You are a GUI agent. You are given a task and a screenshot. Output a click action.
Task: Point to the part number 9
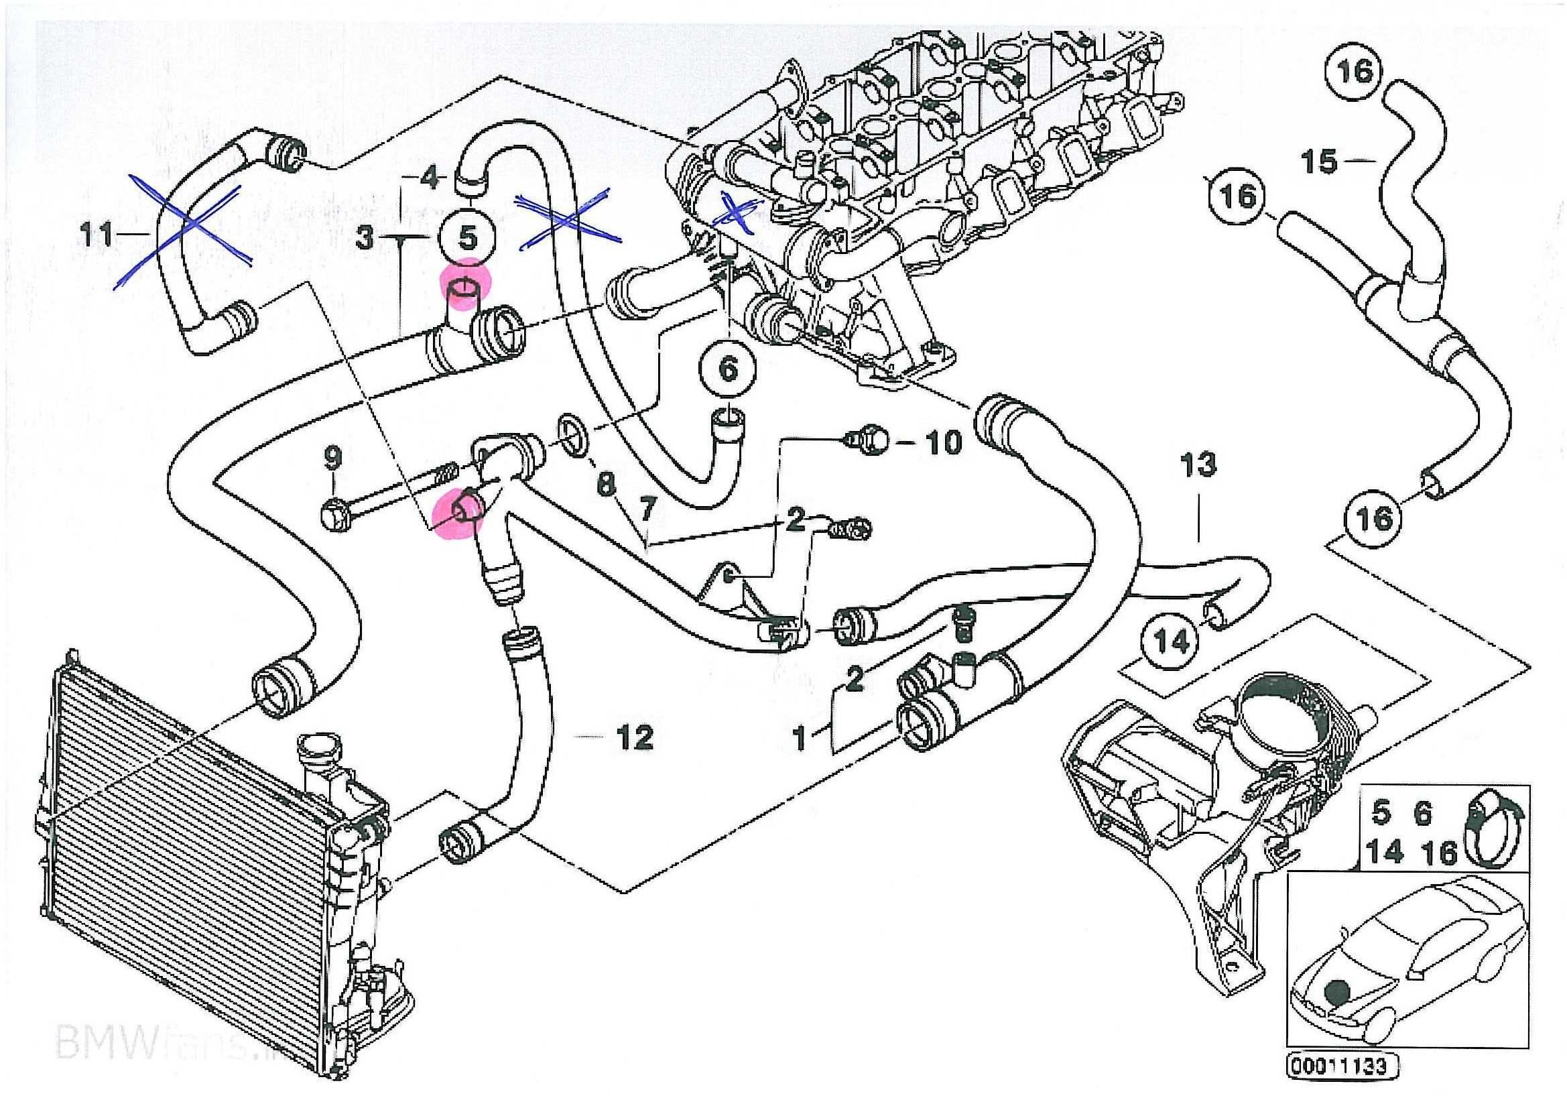click(332, 456)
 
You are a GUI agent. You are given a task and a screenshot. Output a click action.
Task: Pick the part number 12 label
click(634, 737)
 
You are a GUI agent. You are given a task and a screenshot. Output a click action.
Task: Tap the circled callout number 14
click(1172, 641)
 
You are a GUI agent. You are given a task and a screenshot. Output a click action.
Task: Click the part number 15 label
click(1319, 162)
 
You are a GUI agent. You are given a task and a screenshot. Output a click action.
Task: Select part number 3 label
click(365, 239)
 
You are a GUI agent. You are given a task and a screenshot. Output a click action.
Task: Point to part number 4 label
click(428, 179)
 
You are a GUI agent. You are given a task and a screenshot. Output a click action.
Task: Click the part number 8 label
click(605, 485)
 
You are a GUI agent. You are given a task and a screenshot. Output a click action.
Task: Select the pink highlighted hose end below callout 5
click(462, 290)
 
